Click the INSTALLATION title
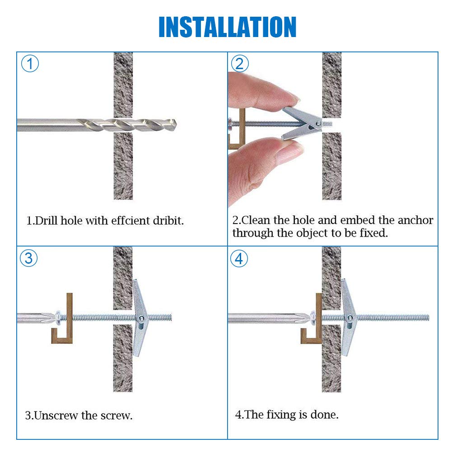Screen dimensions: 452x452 (228, 27)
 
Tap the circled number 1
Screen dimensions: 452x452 (30, 64)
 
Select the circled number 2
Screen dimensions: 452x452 (240, 64)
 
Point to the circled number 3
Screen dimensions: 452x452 (29, 258)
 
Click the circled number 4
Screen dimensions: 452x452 (239, 259)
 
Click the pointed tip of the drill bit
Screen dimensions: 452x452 (176, 125)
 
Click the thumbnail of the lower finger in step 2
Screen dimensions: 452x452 (290, 150)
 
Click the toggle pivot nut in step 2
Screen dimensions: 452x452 (318, 124)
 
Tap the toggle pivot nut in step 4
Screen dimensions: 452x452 (349, 318)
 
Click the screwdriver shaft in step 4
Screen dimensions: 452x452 (265, 318)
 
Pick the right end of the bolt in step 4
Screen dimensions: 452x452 (429, 318)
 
